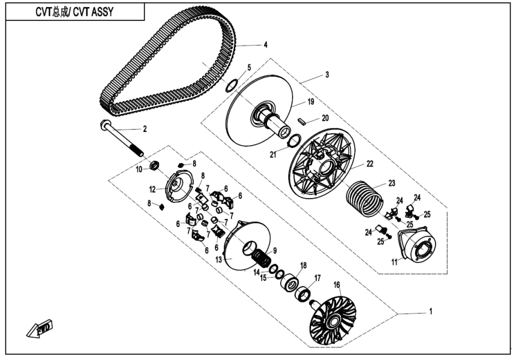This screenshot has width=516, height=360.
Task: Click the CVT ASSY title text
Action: pos(67,11)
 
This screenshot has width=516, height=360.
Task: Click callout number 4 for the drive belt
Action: pos(265,44)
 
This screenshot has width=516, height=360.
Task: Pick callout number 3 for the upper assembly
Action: pos(326,75)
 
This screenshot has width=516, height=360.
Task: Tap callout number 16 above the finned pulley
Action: pos(337,284)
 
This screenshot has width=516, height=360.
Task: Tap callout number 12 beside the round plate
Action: pos(152,189)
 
